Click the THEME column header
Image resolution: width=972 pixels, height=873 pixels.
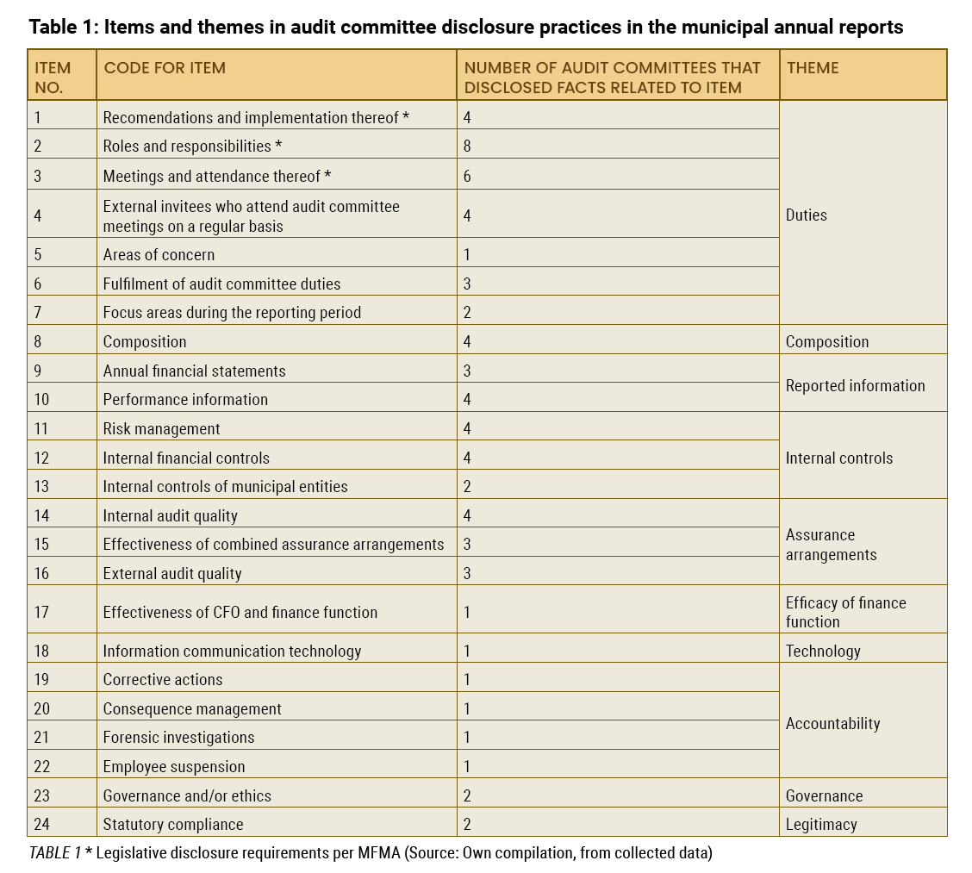pos(812,67)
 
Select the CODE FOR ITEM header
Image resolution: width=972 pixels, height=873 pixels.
pos(165,67)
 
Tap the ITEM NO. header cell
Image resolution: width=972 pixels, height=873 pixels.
pos(53,78)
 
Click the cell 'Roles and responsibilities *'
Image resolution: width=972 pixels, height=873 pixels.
pos(192,147)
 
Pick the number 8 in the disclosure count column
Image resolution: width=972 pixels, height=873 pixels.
pos(467,147)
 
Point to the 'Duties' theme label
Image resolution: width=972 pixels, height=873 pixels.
pos(806,215)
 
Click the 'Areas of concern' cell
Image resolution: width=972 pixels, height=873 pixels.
pos(159,255)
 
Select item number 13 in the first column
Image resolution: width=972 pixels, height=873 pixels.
pos(41,487)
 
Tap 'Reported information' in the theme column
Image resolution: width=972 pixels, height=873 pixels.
pos(855,386)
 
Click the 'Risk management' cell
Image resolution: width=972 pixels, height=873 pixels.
pos(161,429)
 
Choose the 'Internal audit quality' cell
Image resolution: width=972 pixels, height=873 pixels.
pos(170,516)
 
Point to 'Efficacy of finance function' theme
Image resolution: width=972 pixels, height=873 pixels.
pos(845,612)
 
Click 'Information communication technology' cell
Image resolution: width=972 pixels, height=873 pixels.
pos(232,651)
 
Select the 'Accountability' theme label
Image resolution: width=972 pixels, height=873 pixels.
pos(832,724)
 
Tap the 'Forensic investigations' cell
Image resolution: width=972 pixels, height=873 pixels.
pos(178,737)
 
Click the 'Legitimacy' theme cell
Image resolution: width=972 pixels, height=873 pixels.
pos(820,825)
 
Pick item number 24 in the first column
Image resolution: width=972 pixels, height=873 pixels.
pos(41,825)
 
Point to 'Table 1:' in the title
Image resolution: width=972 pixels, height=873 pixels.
pos(64,28)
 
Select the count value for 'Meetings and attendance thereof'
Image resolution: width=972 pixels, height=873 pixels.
pos(467,177)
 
